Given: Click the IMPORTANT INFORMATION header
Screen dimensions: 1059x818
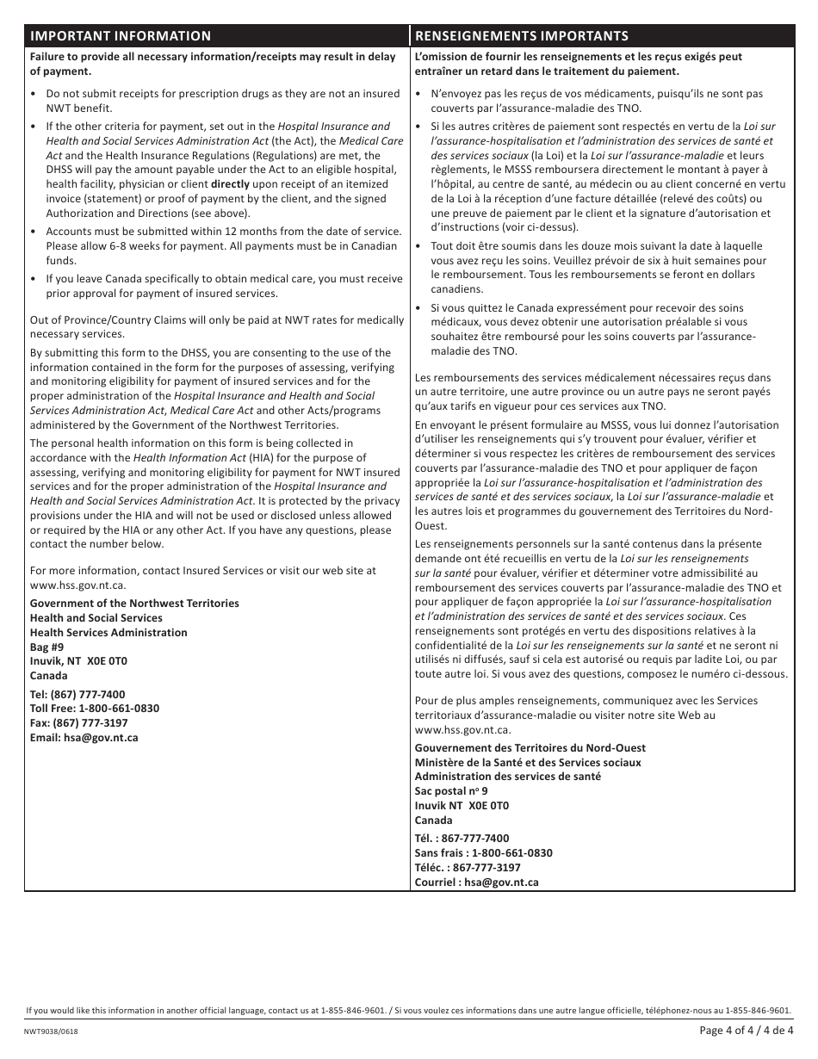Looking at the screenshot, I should [121, 35].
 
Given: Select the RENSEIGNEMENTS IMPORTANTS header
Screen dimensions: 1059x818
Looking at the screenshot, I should [521, 35].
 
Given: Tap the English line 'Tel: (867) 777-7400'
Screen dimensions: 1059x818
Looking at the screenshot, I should [77, 694].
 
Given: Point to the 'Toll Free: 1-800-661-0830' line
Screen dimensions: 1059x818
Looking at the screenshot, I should [95, 709].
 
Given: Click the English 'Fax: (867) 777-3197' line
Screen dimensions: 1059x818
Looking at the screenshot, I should [78, 723].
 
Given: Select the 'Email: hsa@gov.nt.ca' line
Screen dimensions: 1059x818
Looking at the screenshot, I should [84, 738].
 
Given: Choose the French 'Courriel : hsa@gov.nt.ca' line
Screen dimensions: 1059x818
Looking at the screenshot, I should [476, 882].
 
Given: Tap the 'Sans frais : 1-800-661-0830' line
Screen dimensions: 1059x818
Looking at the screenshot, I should [483, 852].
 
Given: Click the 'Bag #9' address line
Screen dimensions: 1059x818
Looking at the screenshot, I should [46, 647].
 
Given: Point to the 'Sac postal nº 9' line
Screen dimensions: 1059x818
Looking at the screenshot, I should [451, 790].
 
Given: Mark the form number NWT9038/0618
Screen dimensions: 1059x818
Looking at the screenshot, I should [55, 1031].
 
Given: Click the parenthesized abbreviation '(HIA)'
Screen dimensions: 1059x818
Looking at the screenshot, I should [261, 458].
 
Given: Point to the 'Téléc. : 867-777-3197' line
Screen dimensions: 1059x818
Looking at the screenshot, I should [468, 867].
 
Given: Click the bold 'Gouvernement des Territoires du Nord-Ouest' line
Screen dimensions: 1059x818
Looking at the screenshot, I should [530, 747].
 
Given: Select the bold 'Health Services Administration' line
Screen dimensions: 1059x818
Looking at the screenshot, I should [108, 632].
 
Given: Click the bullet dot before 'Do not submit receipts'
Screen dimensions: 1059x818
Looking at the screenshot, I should [34, 94].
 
